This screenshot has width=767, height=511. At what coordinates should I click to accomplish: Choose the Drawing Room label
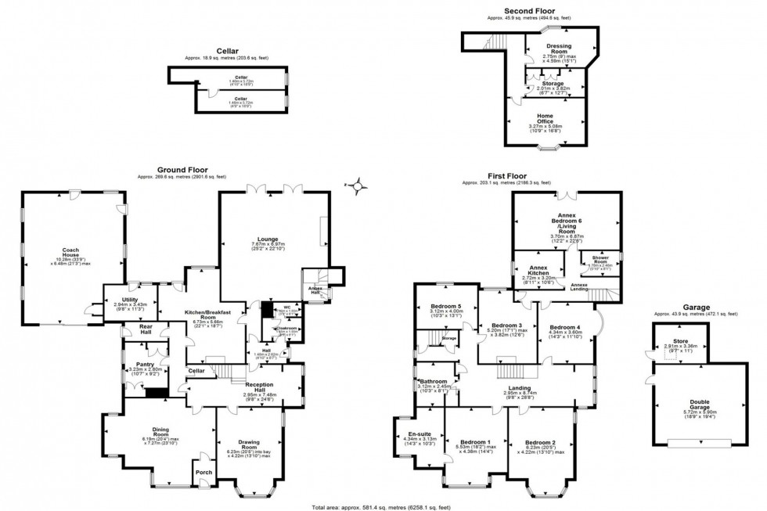[249, 445]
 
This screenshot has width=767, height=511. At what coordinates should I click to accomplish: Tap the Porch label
[203, 471]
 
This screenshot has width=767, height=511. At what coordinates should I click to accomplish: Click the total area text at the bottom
[383, 505]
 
